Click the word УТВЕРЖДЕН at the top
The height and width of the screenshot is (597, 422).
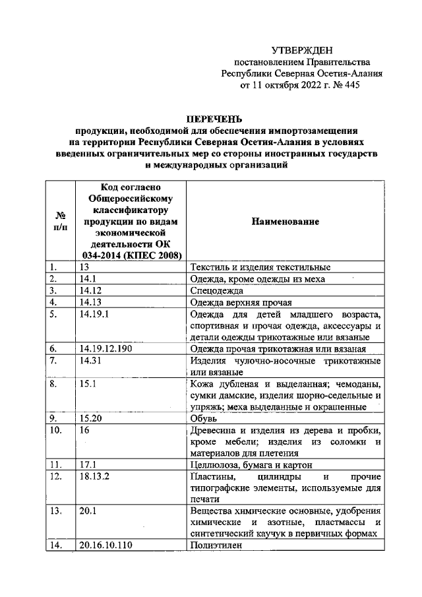(303, 50)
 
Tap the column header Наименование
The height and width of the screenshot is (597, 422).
(285, 222)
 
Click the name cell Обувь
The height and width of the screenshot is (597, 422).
(202, 418)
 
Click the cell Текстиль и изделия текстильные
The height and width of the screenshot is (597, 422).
(259, 267)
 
